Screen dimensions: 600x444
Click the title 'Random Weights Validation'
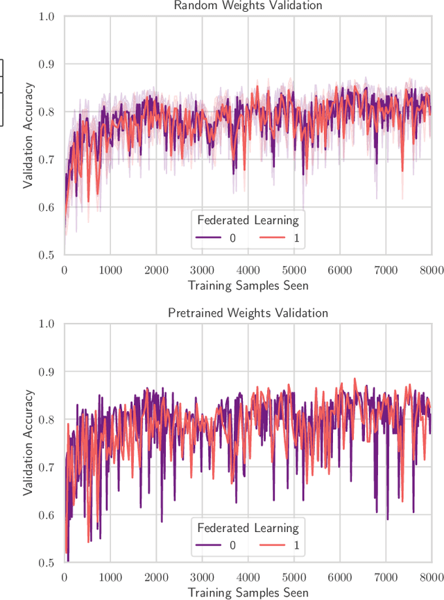tap(248, 6)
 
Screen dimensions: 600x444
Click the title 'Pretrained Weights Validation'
tap(248, 313)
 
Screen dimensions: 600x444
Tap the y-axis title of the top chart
tap(28, 135)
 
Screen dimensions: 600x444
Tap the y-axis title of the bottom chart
tap(28, 442)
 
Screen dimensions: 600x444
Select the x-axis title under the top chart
tap(248, 285)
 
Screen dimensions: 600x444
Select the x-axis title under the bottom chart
tap(248, 592)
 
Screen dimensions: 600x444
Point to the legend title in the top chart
tap(248, 221)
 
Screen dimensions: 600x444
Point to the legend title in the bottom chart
tap(248, 528)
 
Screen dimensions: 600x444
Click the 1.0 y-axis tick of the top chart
tap(46, 17)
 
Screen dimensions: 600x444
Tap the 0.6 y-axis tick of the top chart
tap(46, 208)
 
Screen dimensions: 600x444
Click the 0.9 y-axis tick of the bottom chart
tap(46, 372)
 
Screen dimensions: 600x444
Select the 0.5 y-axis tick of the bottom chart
tap(46, 562)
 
